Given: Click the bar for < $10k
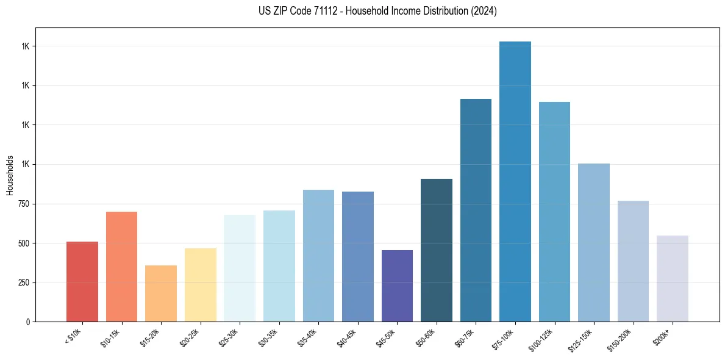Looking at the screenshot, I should click(82, 281).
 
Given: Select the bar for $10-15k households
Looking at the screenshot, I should click(121, 267).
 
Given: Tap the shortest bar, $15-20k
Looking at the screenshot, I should click(161, 293).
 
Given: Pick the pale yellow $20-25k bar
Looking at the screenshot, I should click(201, 285).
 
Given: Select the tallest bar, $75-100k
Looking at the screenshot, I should click(515, 181).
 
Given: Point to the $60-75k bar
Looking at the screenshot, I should click(476, 210).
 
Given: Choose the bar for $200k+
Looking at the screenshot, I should click(673, 278).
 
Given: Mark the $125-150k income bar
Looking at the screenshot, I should click(594, 242).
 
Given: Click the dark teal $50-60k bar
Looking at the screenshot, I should click(437, 250).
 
